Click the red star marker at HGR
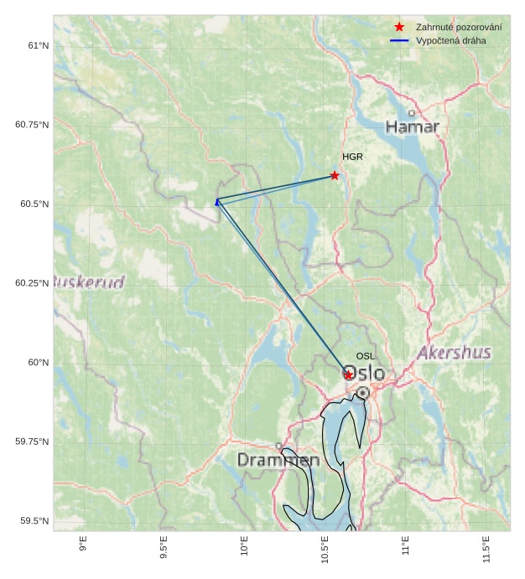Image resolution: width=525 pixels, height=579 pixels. [335, 175]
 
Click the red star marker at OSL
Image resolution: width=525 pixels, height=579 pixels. [348, 375]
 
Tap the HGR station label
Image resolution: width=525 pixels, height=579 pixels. [352, 157]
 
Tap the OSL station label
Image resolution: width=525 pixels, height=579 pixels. [366, 356]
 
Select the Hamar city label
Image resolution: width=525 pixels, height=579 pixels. [413, 127]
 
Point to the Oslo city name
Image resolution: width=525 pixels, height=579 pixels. [365, 373]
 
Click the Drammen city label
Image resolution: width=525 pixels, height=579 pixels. [278, 460]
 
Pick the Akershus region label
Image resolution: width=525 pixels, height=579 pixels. [454, 352]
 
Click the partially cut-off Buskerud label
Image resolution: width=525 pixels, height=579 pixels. [89, 281]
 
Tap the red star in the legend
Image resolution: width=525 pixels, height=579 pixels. [399, 27]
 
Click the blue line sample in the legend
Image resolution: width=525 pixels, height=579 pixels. [399, 40]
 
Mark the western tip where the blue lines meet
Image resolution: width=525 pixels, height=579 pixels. [217, 201]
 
